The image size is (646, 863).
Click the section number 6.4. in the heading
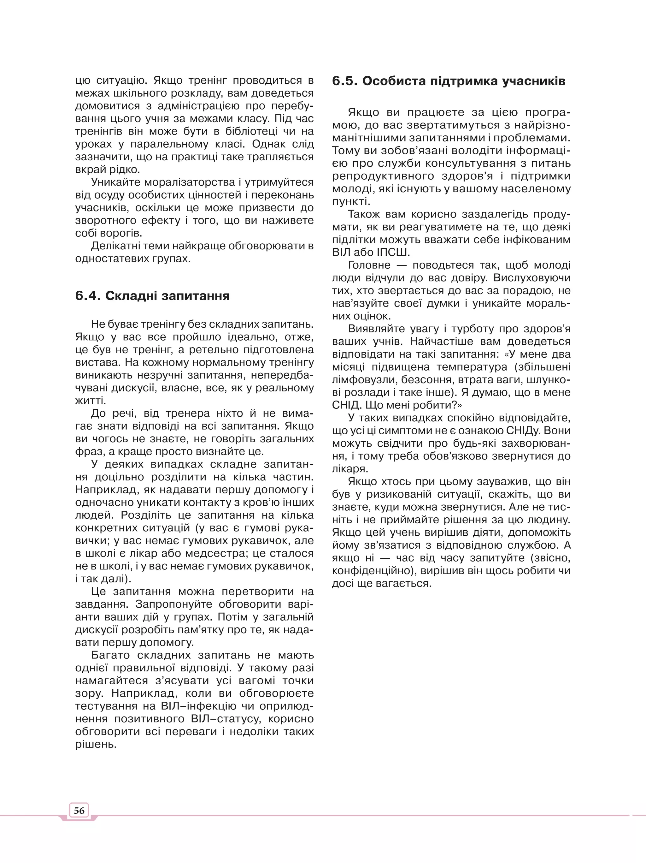point(88,296)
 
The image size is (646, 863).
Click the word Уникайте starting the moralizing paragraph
point(115,182)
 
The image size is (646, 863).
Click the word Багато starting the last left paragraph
point(111,655)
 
